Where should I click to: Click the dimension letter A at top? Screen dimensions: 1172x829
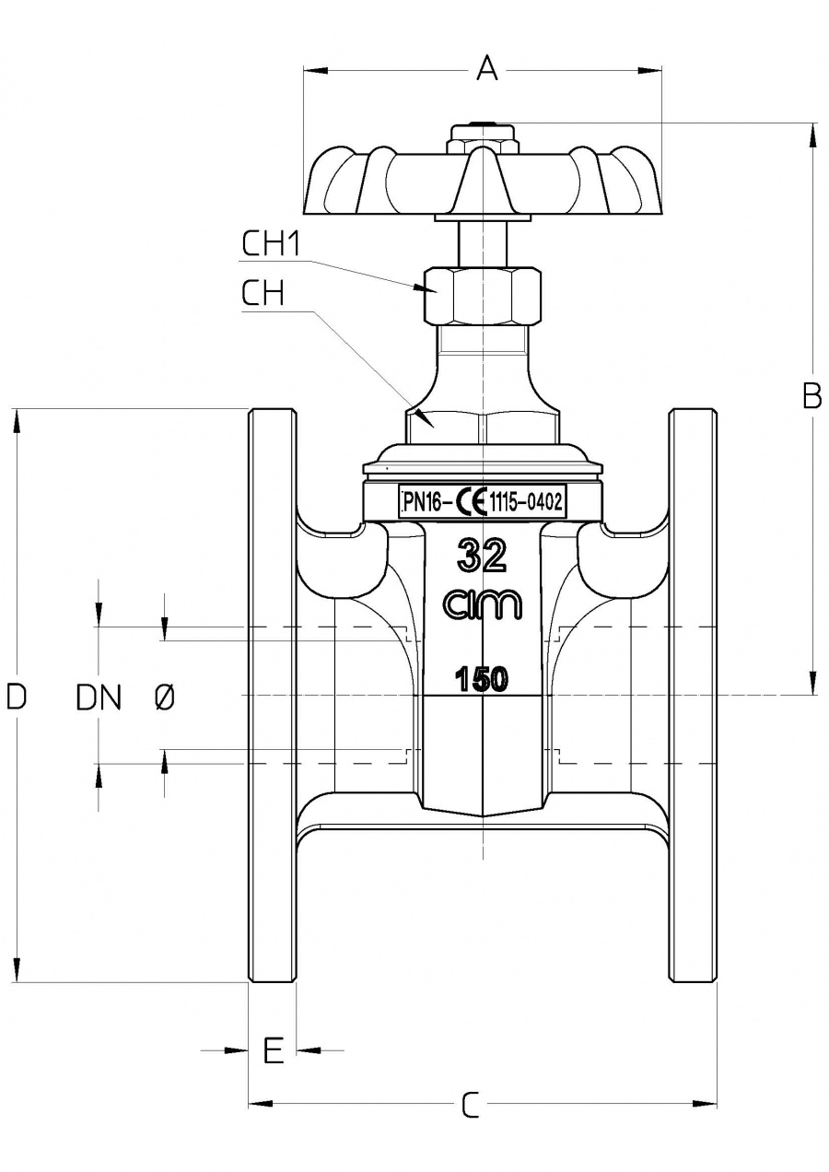pyautogui.click(x=486, y=68)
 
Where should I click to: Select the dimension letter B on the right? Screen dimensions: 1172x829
pyautogui.click(x=811, y=395)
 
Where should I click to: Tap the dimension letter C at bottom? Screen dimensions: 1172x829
pyautogui.click(x=471, y=1104)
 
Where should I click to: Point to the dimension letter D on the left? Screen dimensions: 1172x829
pyautogui.click(x=16, y=697)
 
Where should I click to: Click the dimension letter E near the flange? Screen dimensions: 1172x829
pyautogui.click(x=273, y=1049)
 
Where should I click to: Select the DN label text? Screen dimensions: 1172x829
pyautogui.click(x=99, y=698)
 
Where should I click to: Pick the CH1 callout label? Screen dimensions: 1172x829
pyautogui.click(x=272, y=244)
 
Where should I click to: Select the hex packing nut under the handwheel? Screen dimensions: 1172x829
pyautogui.click(x=483, y=294)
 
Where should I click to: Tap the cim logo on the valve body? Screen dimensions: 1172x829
pyautogui.click(x=483, y=604)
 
